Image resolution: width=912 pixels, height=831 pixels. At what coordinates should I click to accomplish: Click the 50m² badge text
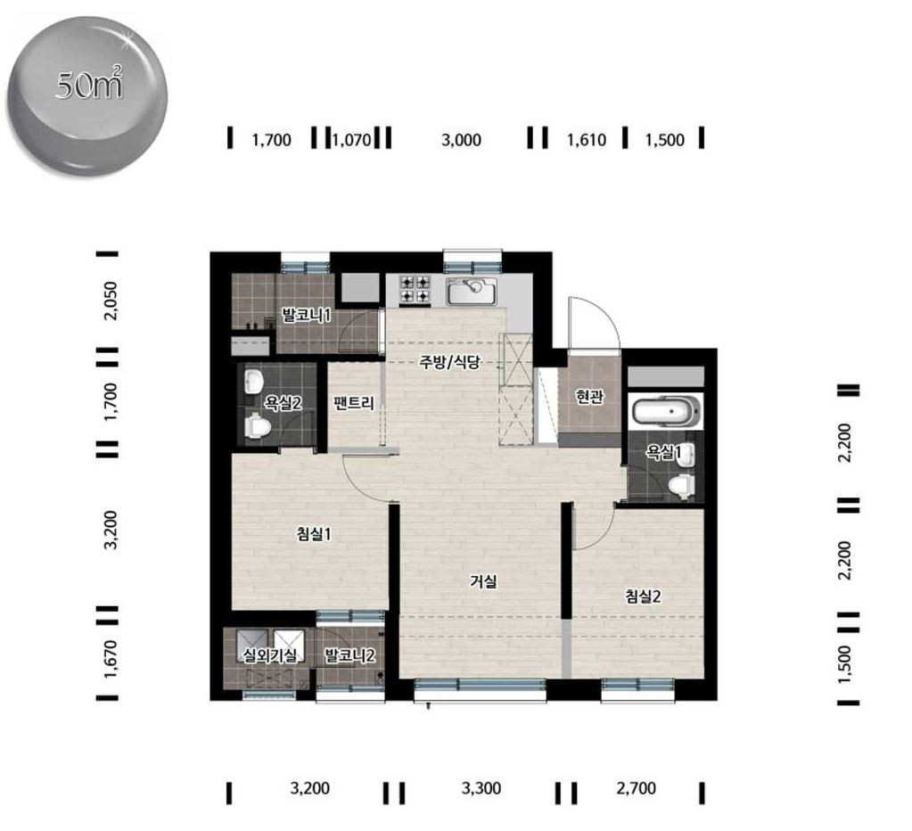pyautogui.click(x=89, y=85)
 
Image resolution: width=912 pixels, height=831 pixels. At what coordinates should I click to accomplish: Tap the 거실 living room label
pyautogui.click(x=483, y=581)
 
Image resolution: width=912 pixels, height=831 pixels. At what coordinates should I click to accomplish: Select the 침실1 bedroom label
pyautogui.click(x=314, y=533)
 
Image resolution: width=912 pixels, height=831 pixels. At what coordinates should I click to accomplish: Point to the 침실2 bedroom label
pyautogui.click(x=643, y=597)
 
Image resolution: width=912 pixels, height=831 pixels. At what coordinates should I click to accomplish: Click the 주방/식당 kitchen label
pyautogui.click(x=449, y=362)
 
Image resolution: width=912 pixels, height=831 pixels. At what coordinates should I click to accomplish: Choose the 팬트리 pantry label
pyautogui.click(x=354, y=402)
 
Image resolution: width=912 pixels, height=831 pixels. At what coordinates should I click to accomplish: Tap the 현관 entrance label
pyautogui.click(x=589, y=397)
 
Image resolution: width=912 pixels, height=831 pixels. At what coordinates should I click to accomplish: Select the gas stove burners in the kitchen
pyautogui.click(x=415, y=290)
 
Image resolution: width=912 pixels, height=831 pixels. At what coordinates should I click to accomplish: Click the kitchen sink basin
pyautogui.click(x=471, y=291)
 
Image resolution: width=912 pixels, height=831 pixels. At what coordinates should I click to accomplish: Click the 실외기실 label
pyautogui.click(x=269, y=656)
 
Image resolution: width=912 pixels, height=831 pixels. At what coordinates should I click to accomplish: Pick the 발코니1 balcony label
pyautogui.click(x=307, y=316)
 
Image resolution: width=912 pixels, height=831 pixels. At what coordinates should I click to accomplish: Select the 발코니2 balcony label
pyautogui.click(x=349, y=656)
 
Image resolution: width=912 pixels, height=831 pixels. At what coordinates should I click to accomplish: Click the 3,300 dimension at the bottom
pyautogui.click(x=481, y=788)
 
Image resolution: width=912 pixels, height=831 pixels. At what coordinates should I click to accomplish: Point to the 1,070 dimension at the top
pyautogui.click(x=352, y=140)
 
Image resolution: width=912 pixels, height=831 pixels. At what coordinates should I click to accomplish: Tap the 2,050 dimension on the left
pyautogui.click(x=110, y=300)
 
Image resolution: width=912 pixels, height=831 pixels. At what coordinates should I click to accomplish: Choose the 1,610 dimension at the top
pyautogui.click(x=587, y=140)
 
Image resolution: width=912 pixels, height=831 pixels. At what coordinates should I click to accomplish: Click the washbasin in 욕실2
pyautogui.click(x=254, y=381)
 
